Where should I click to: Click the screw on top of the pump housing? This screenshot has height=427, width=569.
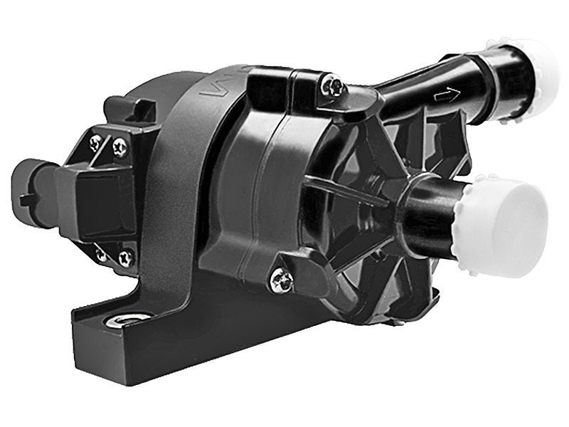(x=332, y=87)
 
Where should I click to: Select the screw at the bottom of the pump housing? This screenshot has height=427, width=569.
(x=281, y=279)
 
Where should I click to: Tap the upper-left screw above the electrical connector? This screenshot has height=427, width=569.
(x=96, y=142)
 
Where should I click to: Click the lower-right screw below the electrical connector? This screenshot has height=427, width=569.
(x=126, y=256)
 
